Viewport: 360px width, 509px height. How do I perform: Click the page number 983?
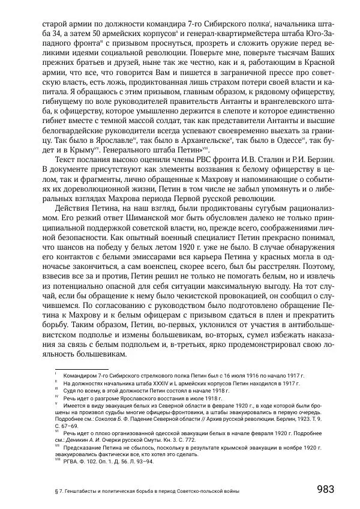coord(325,489)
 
